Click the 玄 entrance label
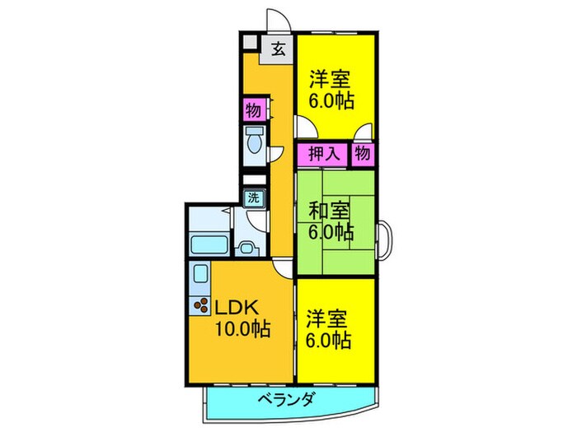click(278, 49)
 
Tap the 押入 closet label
click(323, 154)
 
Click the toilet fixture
click(254, 142)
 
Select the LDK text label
click(238, 308)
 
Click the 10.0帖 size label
click(243, 330)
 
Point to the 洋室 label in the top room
click(331, 80)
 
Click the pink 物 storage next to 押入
click(363, 154)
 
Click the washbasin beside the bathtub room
click(245, 247)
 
